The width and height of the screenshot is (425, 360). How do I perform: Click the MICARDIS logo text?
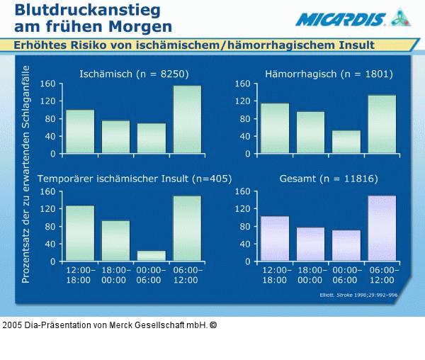click(x=341, y=19)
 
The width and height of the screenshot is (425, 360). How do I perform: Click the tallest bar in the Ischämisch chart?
click(x=187, y=119)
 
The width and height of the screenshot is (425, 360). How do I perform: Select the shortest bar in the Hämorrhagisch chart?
click(x=346, y=142)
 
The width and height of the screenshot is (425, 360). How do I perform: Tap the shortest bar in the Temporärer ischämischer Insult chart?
click(x=152, y=256)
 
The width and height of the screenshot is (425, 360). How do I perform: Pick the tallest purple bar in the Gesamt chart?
click(x=382, y=228)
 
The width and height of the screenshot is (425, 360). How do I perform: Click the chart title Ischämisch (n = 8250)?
click(x=134, y=73)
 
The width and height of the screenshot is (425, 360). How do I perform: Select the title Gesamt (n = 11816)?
click(x=329, y=179)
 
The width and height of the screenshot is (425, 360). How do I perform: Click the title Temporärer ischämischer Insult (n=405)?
click(x=134, y=179)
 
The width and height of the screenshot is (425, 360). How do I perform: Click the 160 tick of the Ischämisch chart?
click(x=47, y=84)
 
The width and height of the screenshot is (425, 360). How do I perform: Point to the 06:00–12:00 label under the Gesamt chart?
click(x=382, y=276)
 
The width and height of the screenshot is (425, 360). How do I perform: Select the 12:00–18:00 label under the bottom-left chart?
click(x=79, y=276)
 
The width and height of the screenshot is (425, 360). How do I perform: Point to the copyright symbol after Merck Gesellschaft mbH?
click(x=213, y=325)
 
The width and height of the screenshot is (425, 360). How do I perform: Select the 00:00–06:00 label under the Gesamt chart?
click(x=346, y=276)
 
